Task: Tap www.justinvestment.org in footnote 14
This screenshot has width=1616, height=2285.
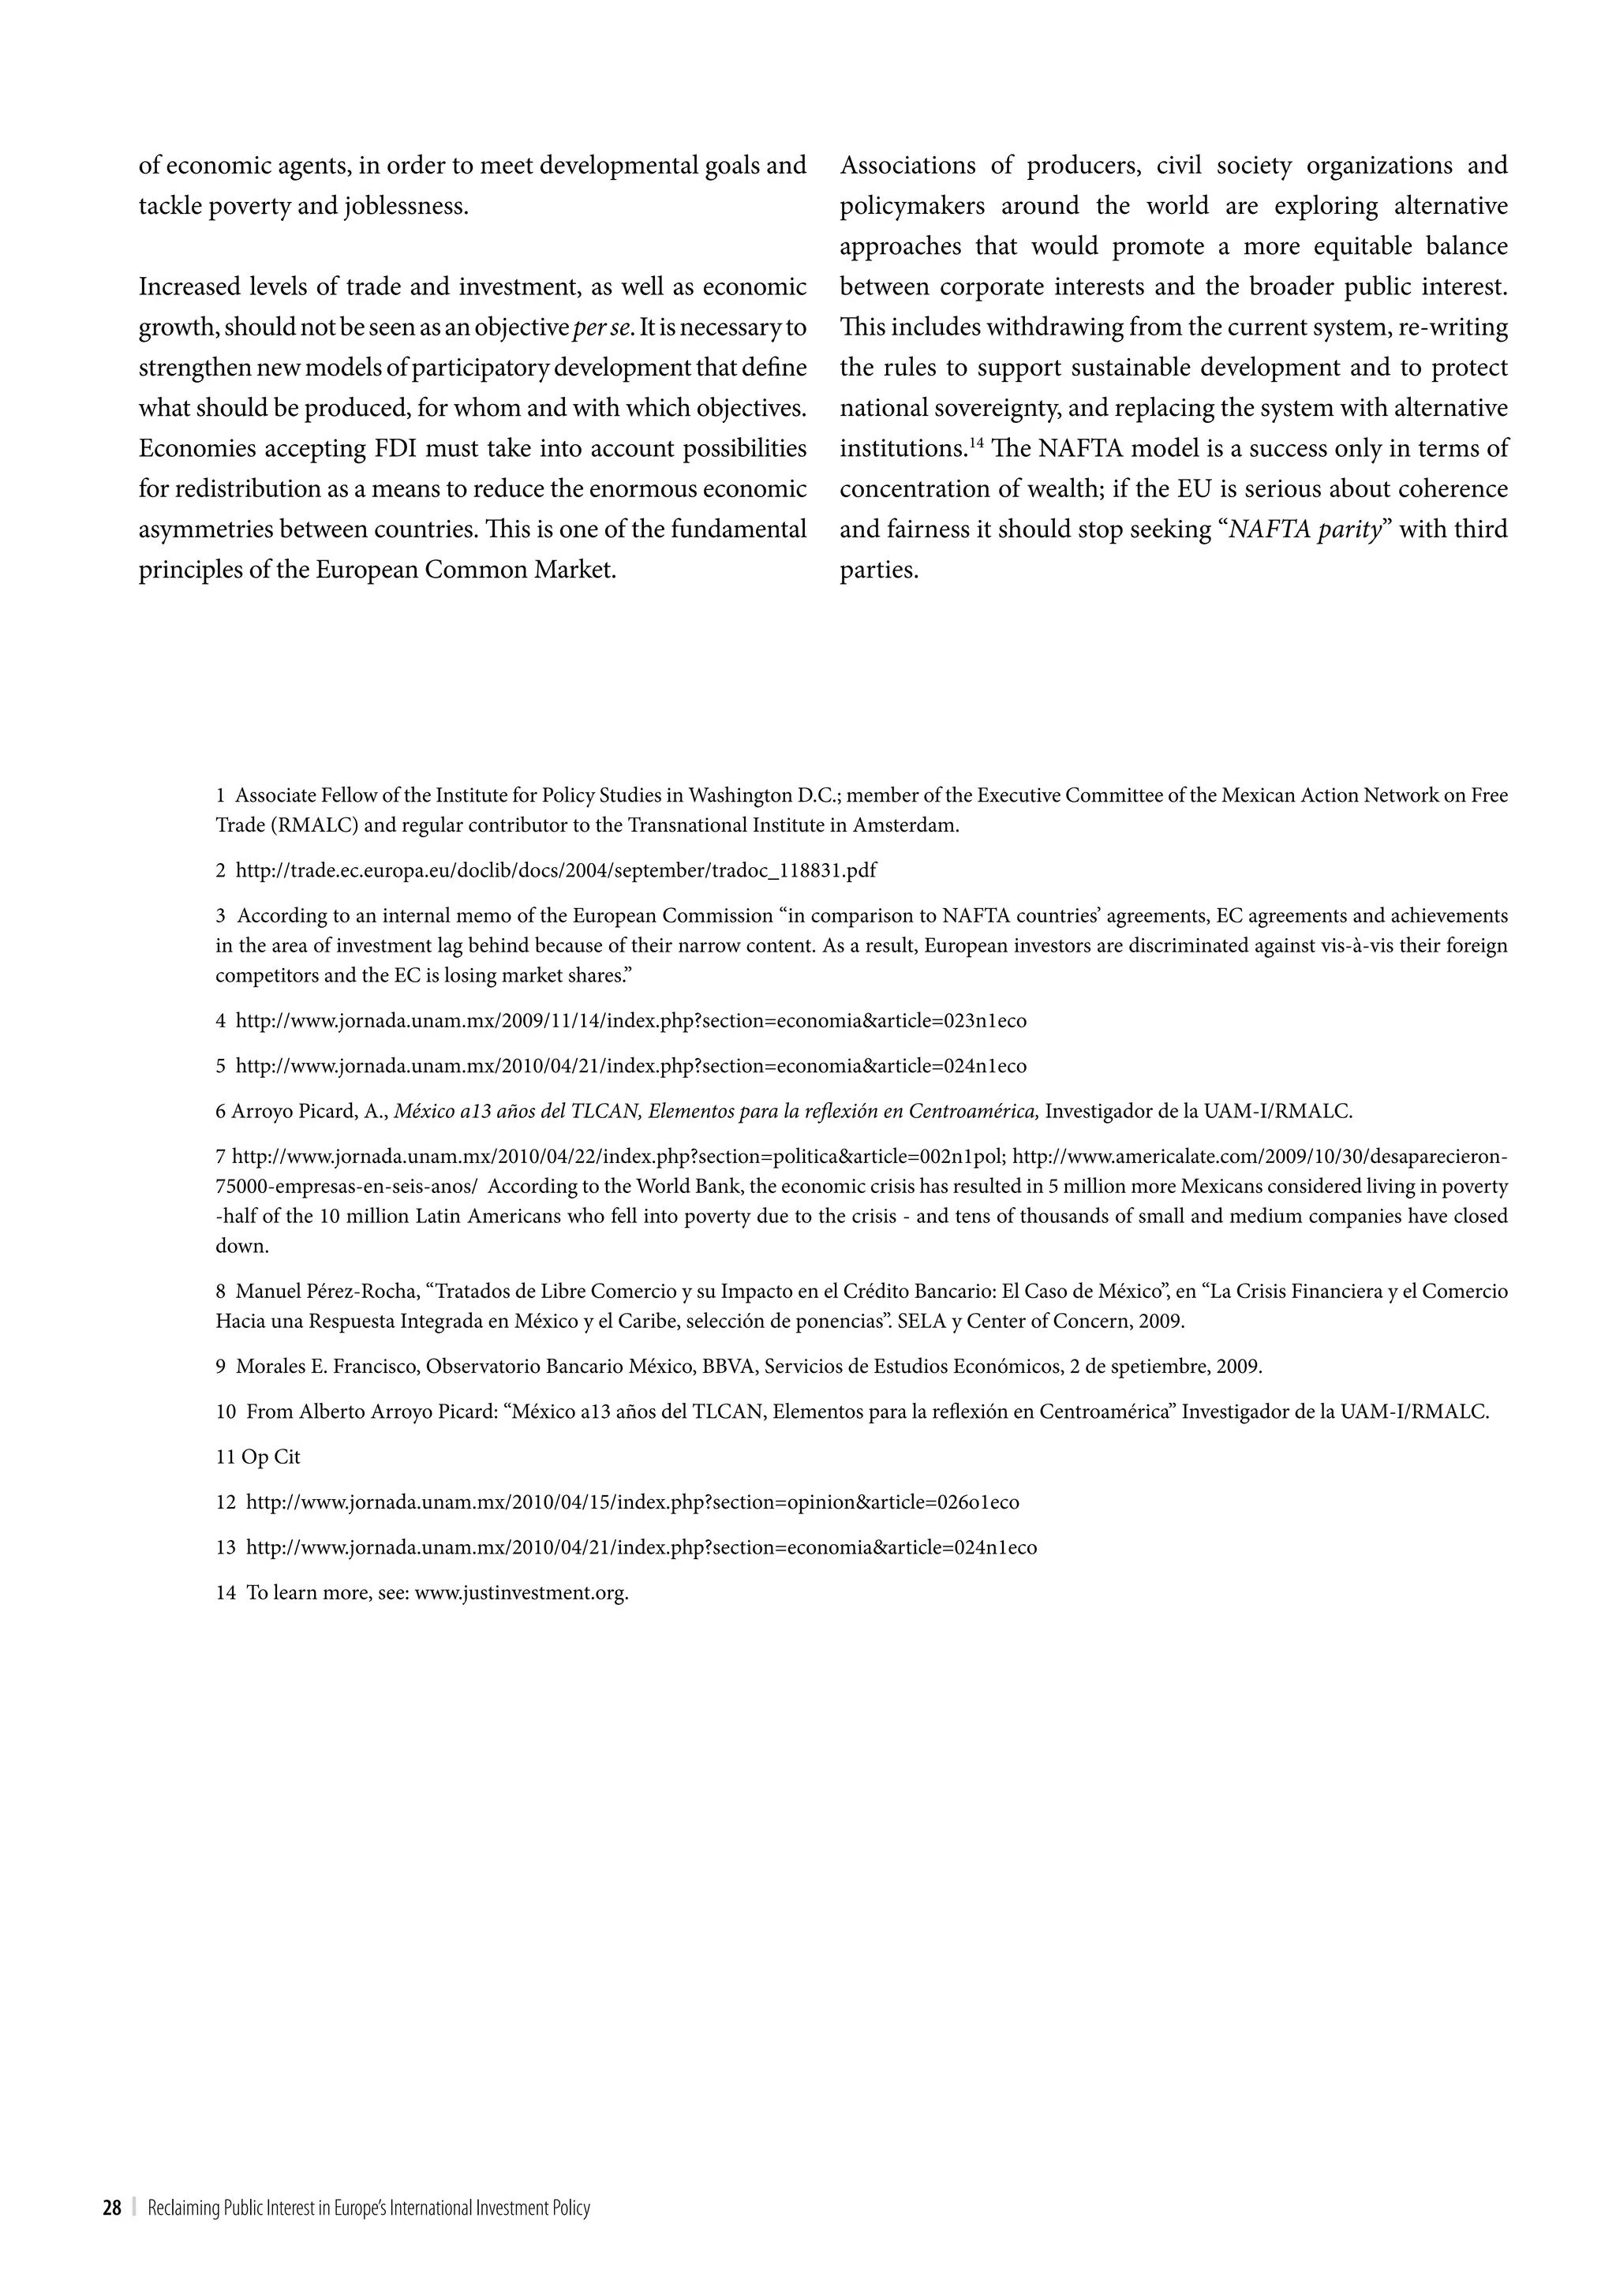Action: tap(521, 1592)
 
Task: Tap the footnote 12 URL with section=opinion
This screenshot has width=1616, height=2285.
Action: tap(632, 1502)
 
